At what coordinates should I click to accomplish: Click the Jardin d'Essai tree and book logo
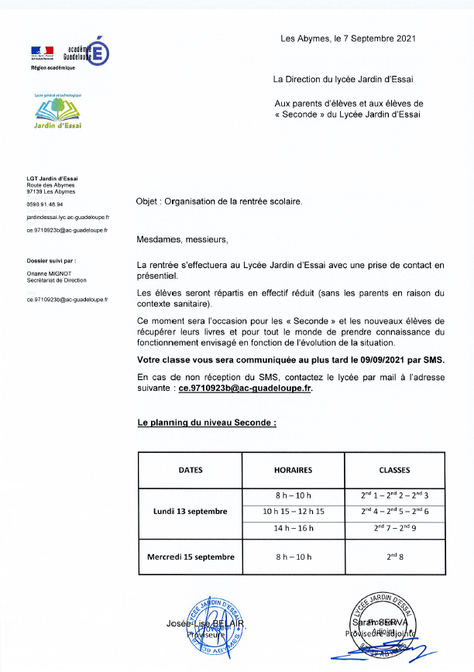click(x=58, y=113)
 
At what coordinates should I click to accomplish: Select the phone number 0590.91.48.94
click(x=44, y=204)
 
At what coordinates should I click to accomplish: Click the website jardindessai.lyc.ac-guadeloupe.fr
click(x=67, y=218)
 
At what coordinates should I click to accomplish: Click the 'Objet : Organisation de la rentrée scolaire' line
click(x=219, y=201)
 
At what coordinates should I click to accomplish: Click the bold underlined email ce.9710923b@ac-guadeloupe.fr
click(x=246, y=388)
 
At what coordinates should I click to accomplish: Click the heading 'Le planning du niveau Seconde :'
click(x=207, y=423)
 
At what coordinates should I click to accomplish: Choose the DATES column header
click(x=191, y=470)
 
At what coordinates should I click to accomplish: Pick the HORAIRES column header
click(x=293, y=470)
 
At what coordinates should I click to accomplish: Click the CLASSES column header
click(x=394, y=470)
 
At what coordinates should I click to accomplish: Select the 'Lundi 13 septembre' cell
click(x=191, y=512)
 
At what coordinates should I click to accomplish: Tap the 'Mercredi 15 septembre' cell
click(x=191, y=556)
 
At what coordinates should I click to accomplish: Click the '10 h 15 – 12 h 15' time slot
click(x=293, y=512)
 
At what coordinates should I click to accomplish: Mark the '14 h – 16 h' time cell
click(x=293, y=530)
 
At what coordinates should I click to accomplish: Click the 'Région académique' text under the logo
click(x=53, y=68)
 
